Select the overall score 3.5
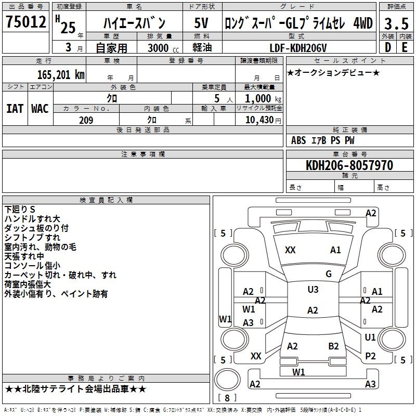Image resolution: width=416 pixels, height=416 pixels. (x=395, y=24)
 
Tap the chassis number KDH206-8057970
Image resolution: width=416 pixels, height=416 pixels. (x=349, y=165)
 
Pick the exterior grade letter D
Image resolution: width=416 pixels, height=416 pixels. (x=387, y=47)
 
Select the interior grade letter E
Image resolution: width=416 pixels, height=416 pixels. (x=404, y=47)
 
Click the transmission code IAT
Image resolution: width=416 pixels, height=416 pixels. (x=15, y=108)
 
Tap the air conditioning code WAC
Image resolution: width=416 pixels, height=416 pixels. (x=40, y=108)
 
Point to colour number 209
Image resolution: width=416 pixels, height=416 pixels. (x=86, y=120)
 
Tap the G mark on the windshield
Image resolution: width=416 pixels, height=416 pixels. (x=329, y=274)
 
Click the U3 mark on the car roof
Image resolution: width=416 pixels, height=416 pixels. (x=313, y=290)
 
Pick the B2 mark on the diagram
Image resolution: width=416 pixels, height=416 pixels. (x=334, y=346)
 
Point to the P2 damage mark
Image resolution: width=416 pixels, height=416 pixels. (x=371, y=356)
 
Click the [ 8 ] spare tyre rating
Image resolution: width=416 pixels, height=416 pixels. (x=227, y=398)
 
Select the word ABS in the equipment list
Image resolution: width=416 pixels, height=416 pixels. (x=298, y=140)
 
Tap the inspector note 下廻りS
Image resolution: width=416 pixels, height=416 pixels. (x=19, y=209)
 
